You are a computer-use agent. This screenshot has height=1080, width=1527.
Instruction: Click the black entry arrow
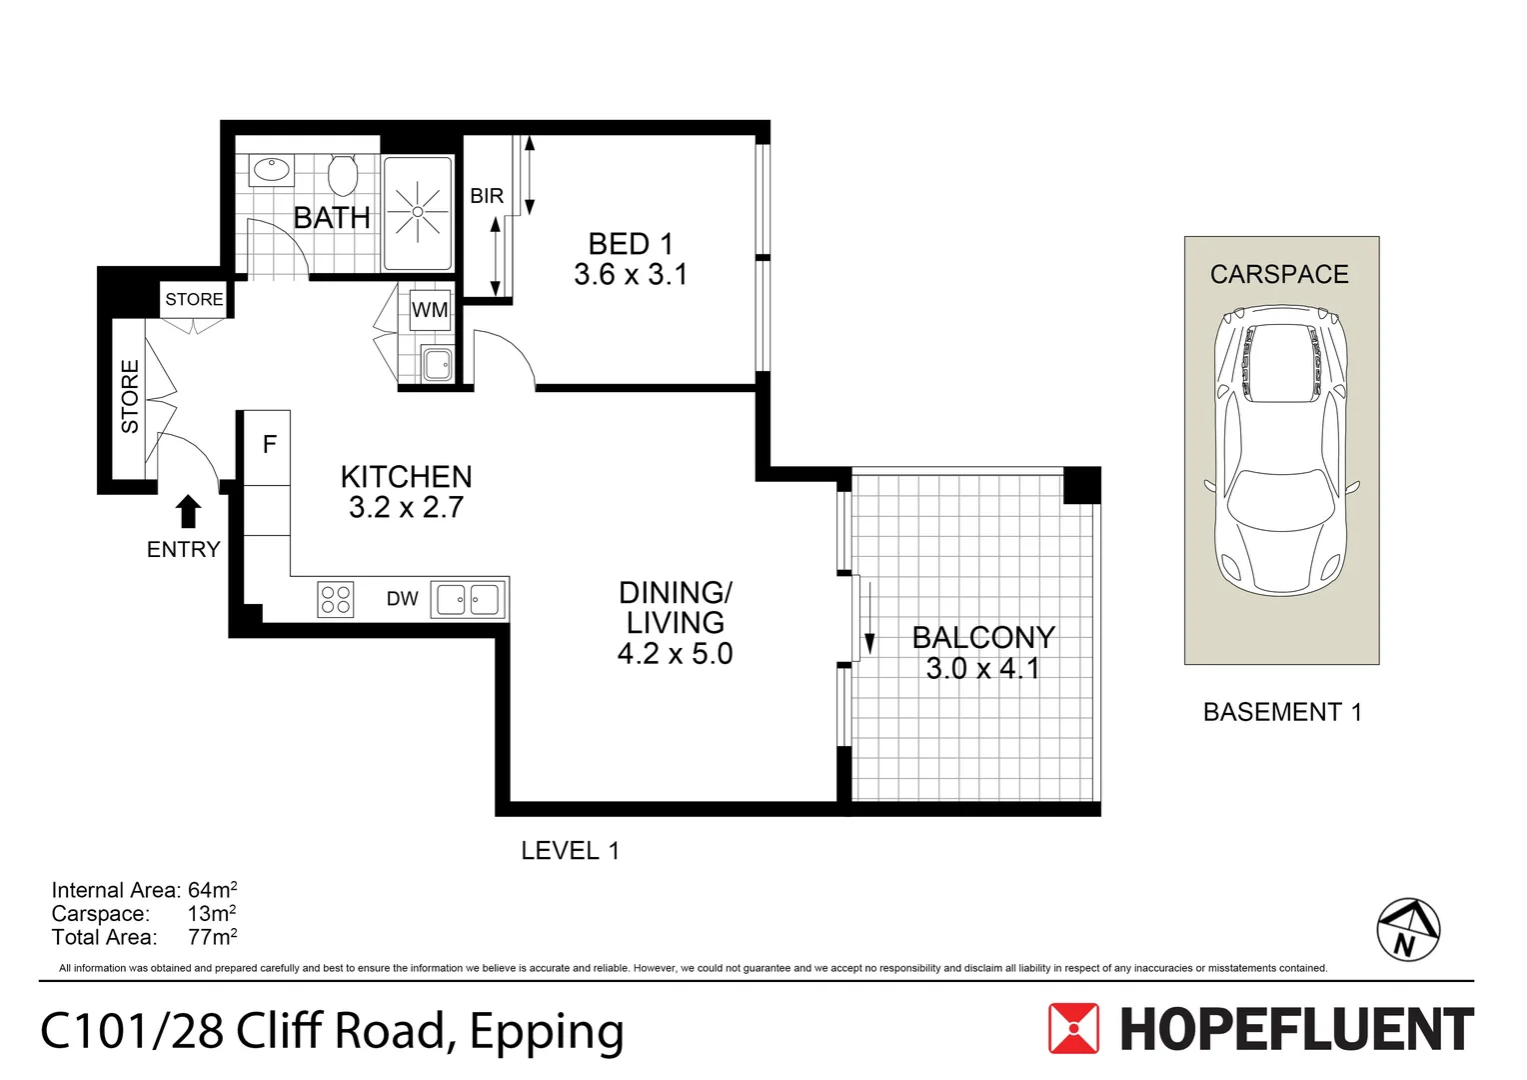188,512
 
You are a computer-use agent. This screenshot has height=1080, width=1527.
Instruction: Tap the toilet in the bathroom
342,175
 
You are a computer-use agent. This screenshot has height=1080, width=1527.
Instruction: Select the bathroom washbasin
272,170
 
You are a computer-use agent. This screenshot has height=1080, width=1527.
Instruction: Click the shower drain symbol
418,212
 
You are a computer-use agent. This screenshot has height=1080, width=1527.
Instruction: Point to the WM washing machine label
430,310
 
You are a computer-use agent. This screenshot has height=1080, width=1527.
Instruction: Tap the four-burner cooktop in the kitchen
336,600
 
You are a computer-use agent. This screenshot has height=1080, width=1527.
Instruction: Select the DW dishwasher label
402,599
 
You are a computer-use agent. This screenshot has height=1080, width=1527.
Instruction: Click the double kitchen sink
469,600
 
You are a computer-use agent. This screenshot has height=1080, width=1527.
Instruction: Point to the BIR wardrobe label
487,196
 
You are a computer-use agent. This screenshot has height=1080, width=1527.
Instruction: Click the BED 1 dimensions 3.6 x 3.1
631,274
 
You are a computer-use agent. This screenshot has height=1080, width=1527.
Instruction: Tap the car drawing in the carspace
1281,450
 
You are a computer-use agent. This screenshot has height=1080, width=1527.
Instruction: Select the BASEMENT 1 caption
1282,712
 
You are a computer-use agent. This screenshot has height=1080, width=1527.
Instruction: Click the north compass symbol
1408,930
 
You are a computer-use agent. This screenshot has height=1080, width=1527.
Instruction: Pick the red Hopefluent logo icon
1073,1028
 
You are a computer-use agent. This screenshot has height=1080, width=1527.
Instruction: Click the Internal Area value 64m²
213,890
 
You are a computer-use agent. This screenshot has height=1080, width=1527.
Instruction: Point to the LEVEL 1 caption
570,851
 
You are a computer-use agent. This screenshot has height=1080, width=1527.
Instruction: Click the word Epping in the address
547,1034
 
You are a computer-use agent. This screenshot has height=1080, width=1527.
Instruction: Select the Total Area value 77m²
213,937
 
